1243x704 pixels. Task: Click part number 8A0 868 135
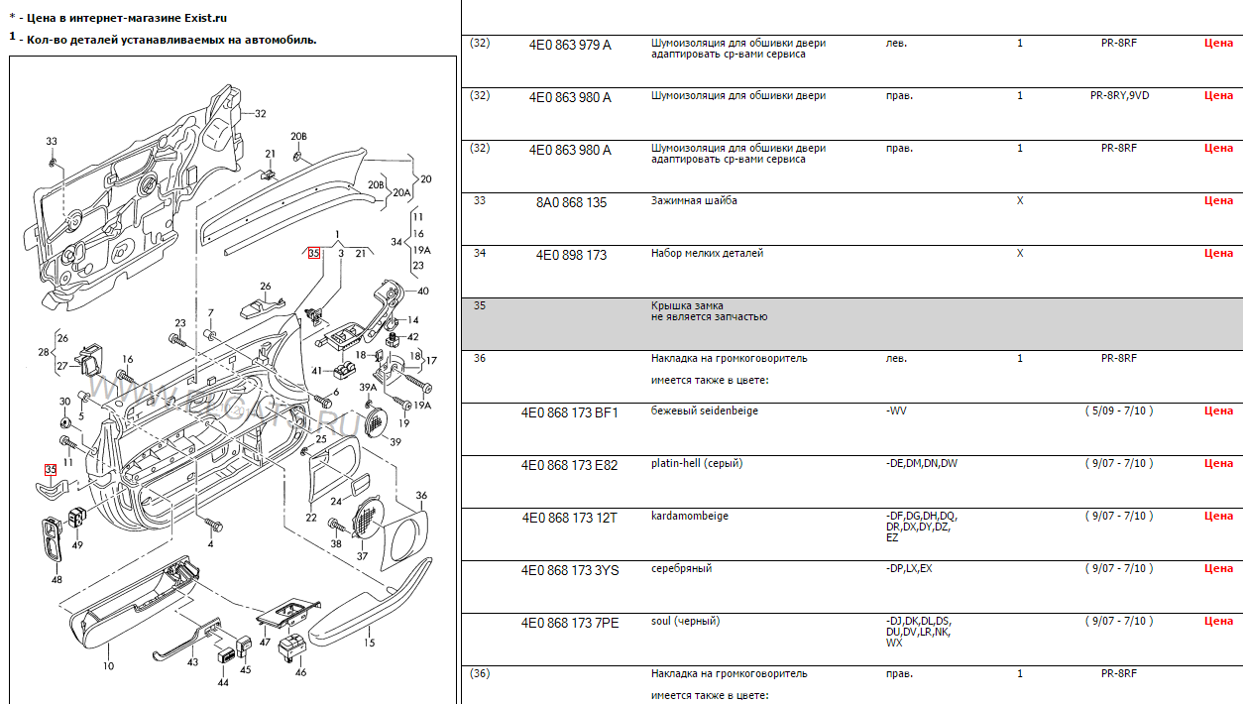(x=571, y=202)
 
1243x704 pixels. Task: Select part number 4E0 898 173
(x=571, y=255)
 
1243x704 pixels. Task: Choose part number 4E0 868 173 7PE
(x=570, y=623)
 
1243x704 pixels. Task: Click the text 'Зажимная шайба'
(x=694, y=200)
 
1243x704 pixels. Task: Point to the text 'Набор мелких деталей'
(x=707, y=253)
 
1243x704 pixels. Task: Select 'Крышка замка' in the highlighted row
(x=687, y=305)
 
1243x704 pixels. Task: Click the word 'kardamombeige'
(x=689, y=516)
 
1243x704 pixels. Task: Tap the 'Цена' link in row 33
(x=1218, y=200)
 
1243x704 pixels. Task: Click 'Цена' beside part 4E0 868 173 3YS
(x=1218, y=568)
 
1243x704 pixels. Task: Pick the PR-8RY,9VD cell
(x=1119, y=95)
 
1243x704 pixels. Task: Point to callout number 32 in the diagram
(x=260, y=114)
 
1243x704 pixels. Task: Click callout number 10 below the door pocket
(x=109, y=666)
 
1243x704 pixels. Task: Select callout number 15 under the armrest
(x=369, y=643)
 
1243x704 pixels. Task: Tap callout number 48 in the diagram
(x=56, y=580)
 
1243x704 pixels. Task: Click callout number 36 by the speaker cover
(x=421, y=495)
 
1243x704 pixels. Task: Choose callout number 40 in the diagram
(x=423, y=292)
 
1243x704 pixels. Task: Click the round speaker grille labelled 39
(x=376, y=420)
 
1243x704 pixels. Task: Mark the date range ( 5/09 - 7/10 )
(x=1118, y=411)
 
